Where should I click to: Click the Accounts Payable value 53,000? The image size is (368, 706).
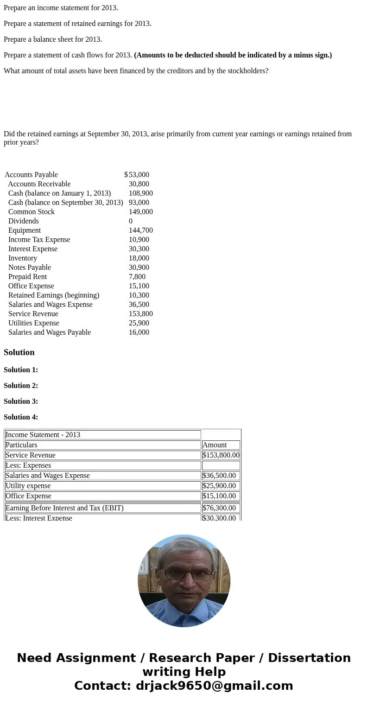pyautogui.click(x=139, y=175)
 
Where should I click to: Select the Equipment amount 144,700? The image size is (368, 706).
pyautogui.click(x=140, y=230)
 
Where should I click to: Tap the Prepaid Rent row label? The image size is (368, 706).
pyautogui.click(x=27, y=277)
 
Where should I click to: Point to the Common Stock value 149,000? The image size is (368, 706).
pyautogui.click(x=140, y=212)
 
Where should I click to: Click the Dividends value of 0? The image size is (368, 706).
pyautogui.click(x=131, y=221)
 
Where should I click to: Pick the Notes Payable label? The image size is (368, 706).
pyautogui.click(x=29, y=267)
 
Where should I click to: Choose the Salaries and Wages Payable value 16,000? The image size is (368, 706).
pyautogui.click(x=139, y=332)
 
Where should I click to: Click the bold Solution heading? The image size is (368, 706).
pyautogui.click(x=19, y=352)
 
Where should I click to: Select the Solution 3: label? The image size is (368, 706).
pyautogui.click(x=21, y=401)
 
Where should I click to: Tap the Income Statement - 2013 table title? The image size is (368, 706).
pyautogui.click(x=43, y=435)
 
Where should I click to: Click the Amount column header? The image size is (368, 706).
pyautogui.click(x=215, y=445)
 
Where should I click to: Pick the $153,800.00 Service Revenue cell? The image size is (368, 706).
pyautogui.click(x=221, y=455)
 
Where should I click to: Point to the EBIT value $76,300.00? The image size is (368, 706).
pyautogui.click(x=219, y=508)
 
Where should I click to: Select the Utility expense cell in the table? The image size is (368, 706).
pyautogui.click(x=28, y=486)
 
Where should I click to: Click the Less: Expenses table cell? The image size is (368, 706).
pyautogui.click(x=28, y=465)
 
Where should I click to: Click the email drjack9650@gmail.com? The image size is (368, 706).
pyautogui.click(x=214, y=686)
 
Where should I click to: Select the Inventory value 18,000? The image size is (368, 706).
pyautogui.click(x=139, y=258)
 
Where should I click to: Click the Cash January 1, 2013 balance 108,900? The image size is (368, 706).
pyautogui.click(x=140, y=193)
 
